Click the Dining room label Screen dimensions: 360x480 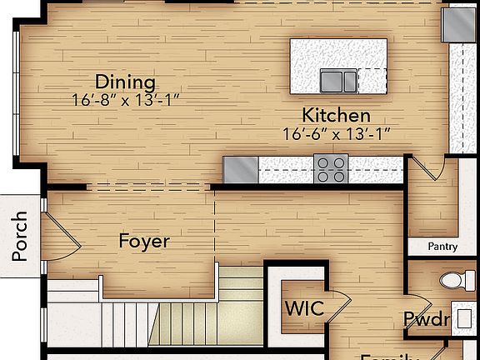pos(125,82)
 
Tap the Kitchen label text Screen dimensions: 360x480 pos(336,115)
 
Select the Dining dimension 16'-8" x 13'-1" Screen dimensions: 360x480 pos(125,99)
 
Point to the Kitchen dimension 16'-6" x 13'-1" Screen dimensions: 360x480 pos(336,132)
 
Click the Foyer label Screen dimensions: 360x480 pos(144,242)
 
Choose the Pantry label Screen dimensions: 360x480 pos(442,247)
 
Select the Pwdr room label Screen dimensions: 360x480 pos(427,319)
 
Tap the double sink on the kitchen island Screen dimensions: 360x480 pos(337,81)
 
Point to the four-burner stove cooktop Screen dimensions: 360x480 pos(331,169)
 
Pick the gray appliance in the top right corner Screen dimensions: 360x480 pos(457,25)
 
